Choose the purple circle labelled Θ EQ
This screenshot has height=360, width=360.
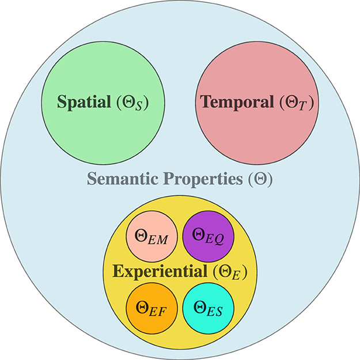click(207, 237)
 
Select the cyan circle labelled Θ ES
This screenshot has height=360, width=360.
click(207, 307)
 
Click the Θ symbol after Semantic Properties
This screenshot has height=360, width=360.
click(258, 180)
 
